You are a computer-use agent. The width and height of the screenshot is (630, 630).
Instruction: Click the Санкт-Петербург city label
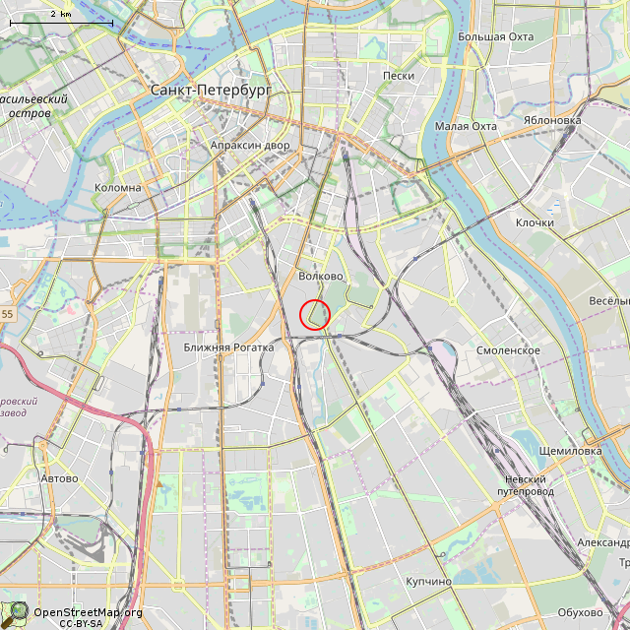pos(211,90)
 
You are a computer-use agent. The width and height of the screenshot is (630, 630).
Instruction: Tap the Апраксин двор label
pos(250,146)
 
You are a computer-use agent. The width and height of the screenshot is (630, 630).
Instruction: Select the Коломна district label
pos(118,187)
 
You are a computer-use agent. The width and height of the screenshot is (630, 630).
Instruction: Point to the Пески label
pos(399,76)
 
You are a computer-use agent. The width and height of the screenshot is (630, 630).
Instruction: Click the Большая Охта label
pos(496,37)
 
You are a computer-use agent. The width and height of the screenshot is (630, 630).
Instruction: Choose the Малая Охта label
pos(466,126)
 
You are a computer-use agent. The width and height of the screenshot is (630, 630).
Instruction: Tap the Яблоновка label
pos(552,121)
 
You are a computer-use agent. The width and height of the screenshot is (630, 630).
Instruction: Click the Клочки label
pos(535,222)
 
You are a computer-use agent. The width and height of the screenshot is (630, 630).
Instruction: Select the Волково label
pos(321,277)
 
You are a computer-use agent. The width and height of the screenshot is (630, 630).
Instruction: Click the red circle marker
pos(315,315)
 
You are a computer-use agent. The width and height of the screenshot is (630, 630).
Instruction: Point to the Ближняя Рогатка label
pos(228,347)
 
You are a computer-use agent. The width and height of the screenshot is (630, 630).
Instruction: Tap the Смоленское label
pos(508,350)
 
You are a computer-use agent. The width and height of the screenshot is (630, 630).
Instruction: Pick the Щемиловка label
pos(570,451)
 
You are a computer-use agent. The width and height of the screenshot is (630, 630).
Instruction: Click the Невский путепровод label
pos(525,484)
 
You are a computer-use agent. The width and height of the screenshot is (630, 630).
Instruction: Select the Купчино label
pos(428,582)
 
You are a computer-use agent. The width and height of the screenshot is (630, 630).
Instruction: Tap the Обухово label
pos(579,613)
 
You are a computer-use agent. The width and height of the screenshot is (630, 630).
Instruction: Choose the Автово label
pos(59,478)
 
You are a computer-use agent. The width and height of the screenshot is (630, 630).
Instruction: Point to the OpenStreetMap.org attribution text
pos(88,612)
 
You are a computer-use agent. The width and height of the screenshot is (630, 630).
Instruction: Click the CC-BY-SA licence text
pos(81,623)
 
